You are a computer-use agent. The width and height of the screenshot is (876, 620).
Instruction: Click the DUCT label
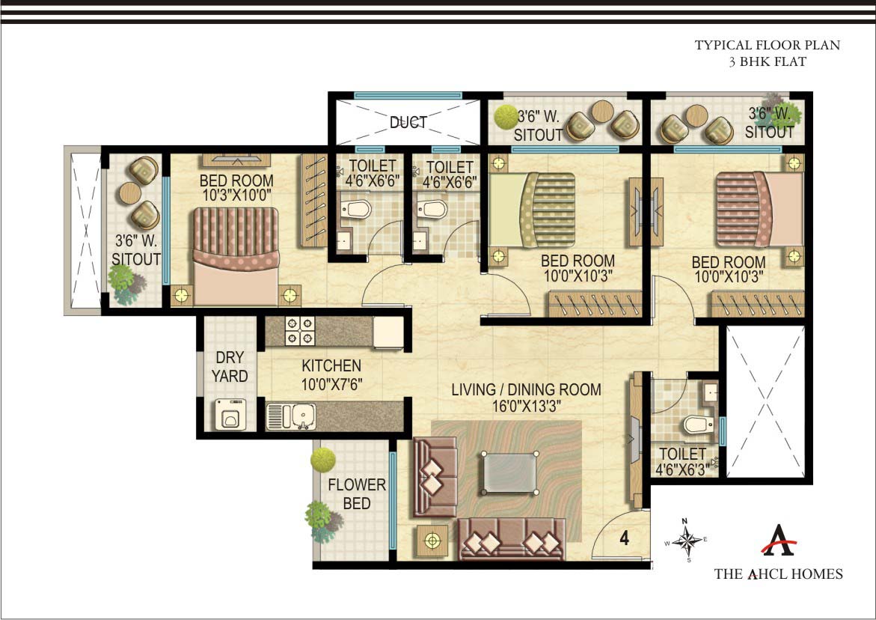point(408,122)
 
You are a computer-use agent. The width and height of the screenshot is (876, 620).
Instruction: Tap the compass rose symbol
point(684,539)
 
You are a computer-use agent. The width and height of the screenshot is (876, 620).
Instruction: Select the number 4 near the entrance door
point(623,537)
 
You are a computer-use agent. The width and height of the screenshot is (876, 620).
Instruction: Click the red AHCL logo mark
point(778,540)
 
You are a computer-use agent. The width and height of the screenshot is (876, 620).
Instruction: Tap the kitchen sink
point(291,416)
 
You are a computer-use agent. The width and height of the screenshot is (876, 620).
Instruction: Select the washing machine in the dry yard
point(230,413)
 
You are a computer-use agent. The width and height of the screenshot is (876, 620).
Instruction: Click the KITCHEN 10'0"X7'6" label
point(331,374)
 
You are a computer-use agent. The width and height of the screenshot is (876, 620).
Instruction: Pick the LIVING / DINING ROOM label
point(526,397)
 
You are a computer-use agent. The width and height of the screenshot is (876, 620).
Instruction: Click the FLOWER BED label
point(357,494)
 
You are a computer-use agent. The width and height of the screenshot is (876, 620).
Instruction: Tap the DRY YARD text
point(229,367)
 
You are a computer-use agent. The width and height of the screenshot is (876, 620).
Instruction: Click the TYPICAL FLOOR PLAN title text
point(768,46)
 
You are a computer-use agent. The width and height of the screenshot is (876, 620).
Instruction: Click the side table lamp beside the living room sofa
point(432,540)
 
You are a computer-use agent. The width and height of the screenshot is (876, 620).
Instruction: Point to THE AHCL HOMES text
point(778,574)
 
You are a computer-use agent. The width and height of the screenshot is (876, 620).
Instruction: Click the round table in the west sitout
point(130,192)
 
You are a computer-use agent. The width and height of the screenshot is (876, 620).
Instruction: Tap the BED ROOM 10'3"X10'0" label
point(236,188)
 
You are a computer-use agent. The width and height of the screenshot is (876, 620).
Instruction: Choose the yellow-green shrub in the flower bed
point(322,458)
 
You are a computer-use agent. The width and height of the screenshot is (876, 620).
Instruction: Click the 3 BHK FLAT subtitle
point(768,62)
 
